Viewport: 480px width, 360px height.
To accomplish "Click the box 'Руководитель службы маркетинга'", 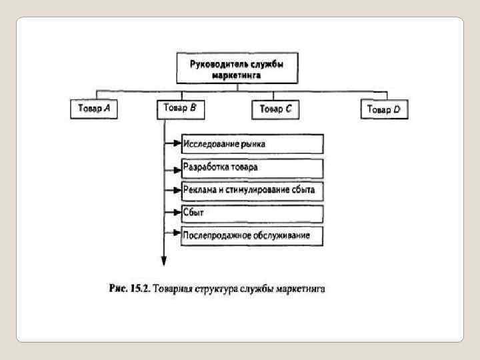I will [x=237, y=67].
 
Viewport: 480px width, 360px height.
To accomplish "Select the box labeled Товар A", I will [x=94, y=109].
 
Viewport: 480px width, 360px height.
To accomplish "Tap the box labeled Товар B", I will [x=179, y=109].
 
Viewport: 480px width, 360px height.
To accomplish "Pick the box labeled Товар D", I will [x=384, y=109].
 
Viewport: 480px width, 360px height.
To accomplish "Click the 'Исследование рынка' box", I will [x=252, y=143].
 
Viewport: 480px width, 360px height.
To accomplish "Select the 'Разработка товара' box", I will [x=252, y=167].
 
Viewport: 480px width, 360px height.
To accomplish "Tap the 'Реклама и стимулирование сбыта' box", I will [x=252, y=191].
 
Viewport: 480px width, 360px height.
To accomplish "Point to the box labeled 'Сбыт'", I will [x=252, y=213].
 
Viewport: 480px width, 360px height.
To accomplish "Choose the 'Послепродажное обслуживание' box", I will [x=252, y=235].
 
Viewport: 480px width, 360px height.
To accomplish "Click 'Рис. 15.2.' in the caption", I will [x=129, y=289].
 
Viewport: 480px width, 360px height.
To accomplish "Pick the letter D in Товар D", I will [x=397, y=109].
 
